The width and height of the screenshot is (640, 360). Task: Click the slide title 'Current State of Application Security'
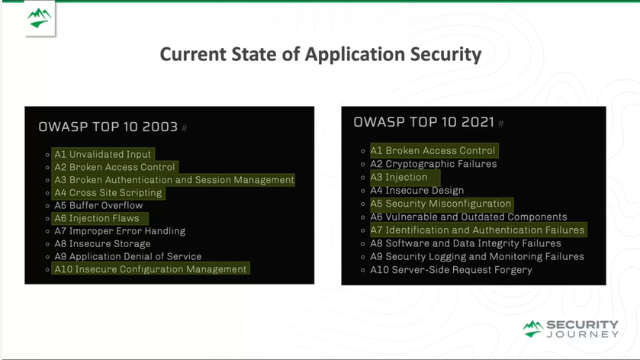[320, 54]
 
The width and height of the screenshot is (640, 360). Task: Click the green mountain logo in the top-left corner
[39, 18]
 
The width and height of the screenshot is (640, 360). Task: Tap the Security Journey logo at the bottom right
[571, 329]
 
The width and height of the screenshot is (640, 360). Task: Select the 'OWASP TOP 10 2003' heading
[108, 127]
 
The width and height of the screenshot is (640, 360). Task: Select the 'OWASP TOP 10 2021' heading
[423, 122]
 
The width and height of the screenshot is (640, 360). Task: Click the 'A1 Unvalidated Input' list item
[102, 154]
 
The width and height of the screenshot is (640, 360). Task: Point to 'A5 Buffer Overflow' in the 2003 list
[98, 205]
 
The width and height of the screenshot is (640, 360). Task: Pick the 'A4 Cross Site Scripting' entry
[108, 193]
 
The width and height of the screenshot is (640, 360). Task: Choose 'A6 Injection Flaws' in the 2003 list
[97, 218]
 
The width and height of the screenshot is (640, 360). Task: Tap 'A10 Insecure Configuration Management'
[150, 269]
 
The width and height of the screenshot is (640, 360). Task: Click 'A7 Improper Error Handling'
[120, 231]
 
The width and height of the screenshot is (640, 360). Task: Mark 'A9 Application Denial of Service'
[127, 256]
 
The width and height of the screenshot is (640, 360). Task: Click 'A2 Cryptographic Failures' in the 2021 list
[433, 164]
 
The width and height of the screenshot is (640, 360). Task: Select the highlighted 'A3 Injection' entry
[399, 177]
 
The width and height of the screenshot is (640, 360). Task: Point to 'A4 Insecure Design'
[416, 191]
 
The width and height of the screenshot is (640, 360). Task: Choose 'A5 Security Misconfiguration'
[440, 204]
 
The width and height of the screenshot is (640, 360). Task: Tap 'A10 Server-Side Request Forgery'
[451, 270]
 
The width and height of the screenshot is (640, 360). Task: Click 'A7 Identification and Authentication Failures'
[478, 230]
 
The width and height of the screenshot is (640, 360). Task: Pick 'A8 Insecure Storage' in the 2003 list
[102, 243]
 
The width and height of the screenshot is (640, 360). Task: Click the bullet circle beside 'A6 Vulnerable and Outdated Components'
[363, 217]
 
